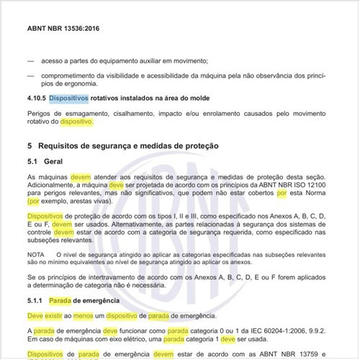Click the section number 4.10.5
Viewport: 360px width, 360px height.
[37, 96]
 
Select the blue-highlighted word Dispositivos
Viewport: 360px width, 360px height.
[69, 96]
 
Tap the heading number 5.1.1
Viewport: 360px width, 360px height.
[37, 300]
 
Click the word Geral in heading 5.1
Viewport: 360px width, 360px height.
[55, 161]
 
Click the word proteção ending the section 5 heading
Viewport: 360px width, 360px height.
[197, 145]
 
